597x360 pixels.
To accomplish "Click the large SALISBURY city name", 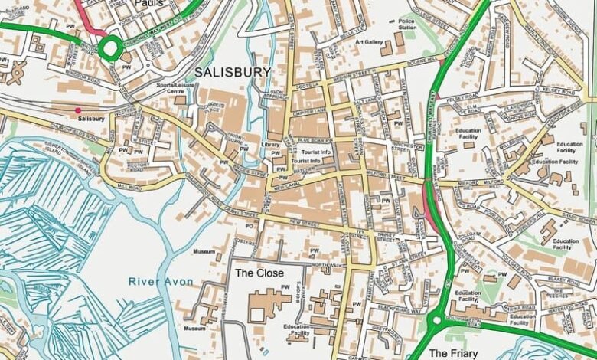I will [233, 72].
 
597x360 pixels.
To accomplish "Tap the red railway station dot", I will [77, 110].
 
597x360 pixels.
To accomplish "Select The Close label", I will [259, 273].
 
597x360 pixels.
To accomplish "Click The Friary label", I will [454, 353].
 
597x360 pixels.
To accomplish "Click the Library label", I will [269, 145].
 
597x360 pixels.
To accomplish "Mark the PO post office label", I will [249, 226].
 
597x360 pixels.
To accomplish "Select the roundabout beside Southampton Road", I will [437, 322].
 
